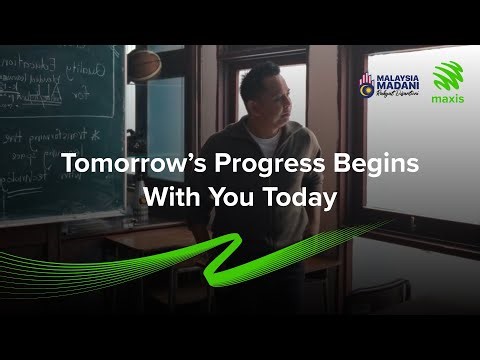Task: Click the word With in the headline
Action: click(170, 197)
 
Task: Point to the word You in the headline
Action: click(232, 197)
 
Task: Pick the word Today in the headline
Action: click(298, 197)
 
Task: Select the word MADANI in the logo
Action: click(393, 89)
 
